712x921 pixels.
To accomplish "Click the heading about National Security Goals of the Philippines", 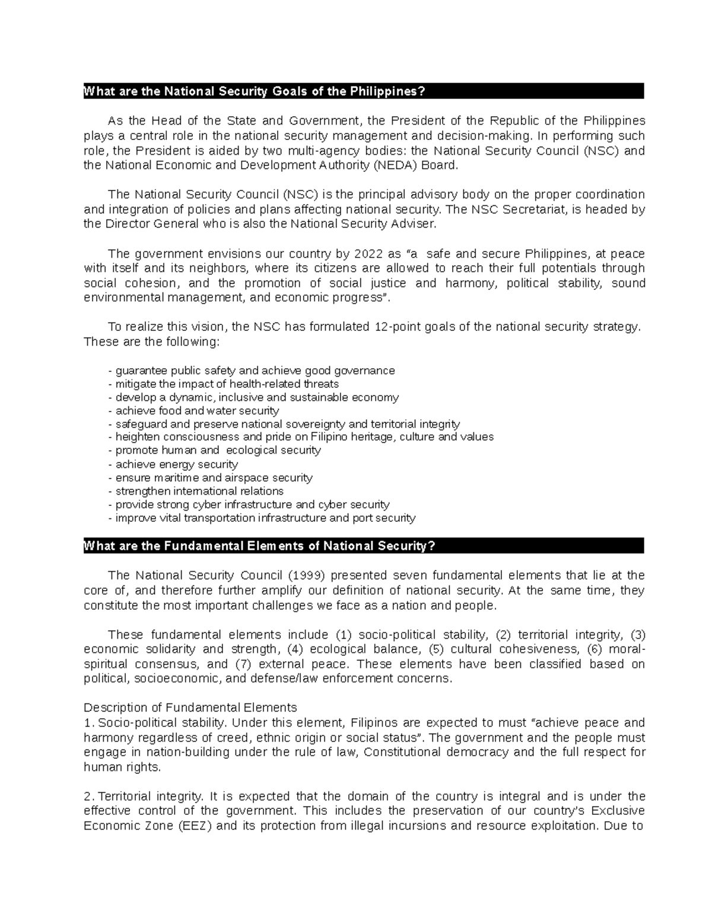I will pos(255,91).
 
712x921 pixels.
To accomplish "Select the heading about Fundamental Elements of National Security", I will pos(260,546).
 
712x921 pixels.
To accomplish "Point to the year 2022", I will pos(368,254).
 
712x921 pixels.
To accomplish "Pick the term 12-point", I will pos(395,327).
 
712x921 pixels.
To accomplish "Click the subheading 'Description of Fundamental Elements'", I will pos(190,708).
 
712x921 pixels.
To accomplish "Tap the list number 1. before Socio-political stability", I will pos(89,722).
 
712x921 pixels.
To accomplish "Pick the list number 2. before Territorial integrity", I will pos(89,796).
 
